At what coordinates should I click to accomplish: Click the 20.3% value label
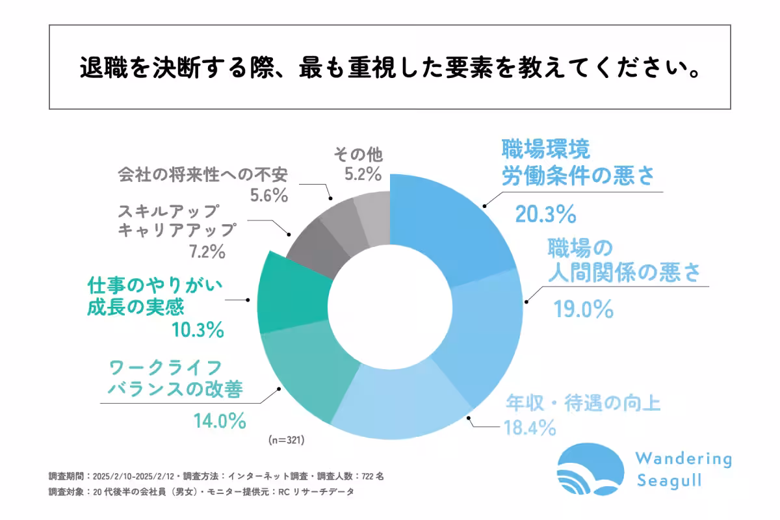coord(545,213)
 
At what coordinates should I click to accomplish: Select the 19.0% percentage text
coord(583,309)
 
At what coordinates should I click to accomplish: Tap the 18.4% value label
coord(529,428)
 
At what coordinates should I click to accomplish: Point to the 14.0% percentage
coord(219,421)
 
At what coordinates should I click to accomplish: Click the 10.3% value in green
coord(198,330)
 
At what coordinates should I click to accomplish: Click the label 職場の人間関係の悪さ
coord(623,261)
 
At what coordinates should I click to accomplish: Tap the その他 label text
coord(358,155)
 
